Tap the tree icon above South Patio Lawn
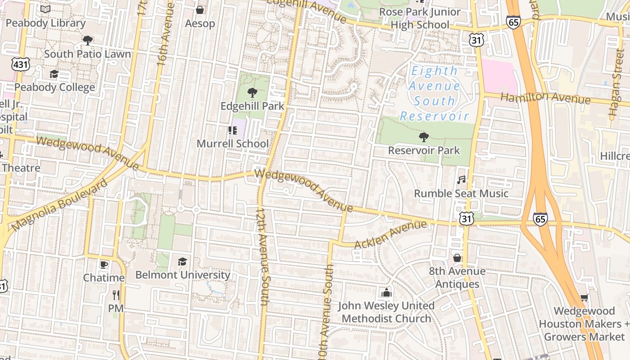tap(88, 41)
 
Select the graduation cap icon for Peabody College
tap(54, 74)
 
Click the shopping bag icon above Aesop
tap(200, 10)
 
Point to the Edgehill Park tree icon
tap(252, 93)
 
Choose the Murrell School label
tap(233, 144)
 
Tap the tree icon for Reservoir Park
tap(423, 137)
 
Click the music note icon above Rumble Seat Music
tap(461, 180)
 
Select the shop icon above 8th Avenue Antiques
tap(457, 258)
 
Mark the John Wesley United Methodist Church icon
tap(386, 293)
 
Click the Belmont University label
tap(183, 274)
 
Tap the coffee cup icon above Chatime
tap(103, 265)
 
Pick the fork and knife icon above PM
tap(116, 295)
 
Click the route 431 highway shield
tap(21, 64)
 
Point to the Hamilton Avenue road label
tap(545, 98)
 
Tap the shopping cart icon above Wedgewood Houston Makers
tap(584, 297)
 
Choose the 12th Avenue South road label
tap(262, 256)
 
